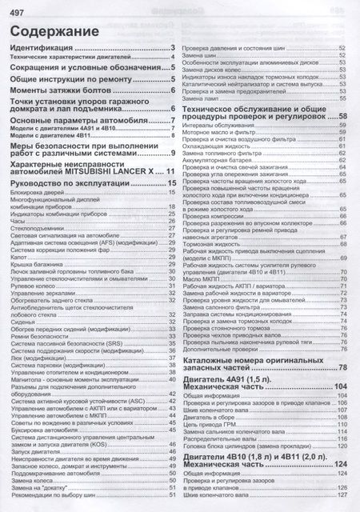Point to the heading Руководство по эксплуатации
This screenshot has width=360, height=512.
[x=73, y=184]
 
